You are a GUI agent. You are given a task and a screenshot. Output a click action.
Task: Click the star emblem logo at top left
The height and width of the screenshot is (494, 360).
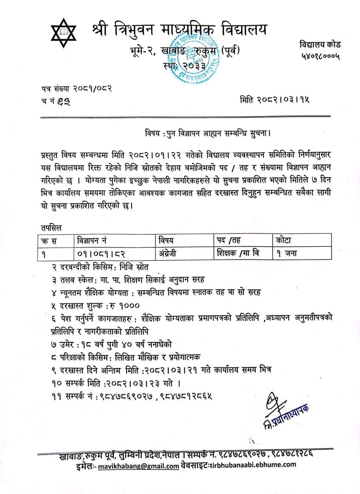[64, 33]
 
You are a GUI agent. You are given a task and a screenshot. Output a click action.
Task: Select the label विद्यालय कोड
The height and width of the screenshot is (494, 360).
[320, 45]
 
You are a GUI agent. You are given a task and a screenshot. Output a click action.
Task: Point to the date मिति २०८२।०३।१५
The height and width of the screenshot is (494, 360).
[275, 100]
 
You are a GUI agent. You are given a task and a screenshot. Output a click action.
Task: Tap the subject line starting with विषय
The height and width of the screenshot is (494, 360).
[207, 133]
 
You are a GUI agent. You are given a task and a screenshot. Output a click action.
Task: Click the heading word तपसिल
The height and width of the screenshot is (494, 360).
[51, 228]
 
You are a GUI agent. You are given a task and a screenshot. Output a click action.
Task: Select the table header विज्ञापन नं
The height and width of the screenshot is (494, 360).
[92, 241]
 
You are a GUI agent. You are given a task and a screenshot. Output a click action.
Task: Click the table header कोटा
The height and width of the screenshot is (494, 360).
[284, 241]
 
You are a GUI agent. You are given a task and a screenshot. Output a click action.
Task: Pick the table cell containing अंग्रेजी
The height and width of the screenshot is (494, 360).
[168, 253]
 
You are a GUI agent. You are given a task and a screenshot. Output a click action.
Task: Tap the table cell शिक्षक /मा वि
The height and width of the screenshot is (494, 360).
[238, 253]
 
